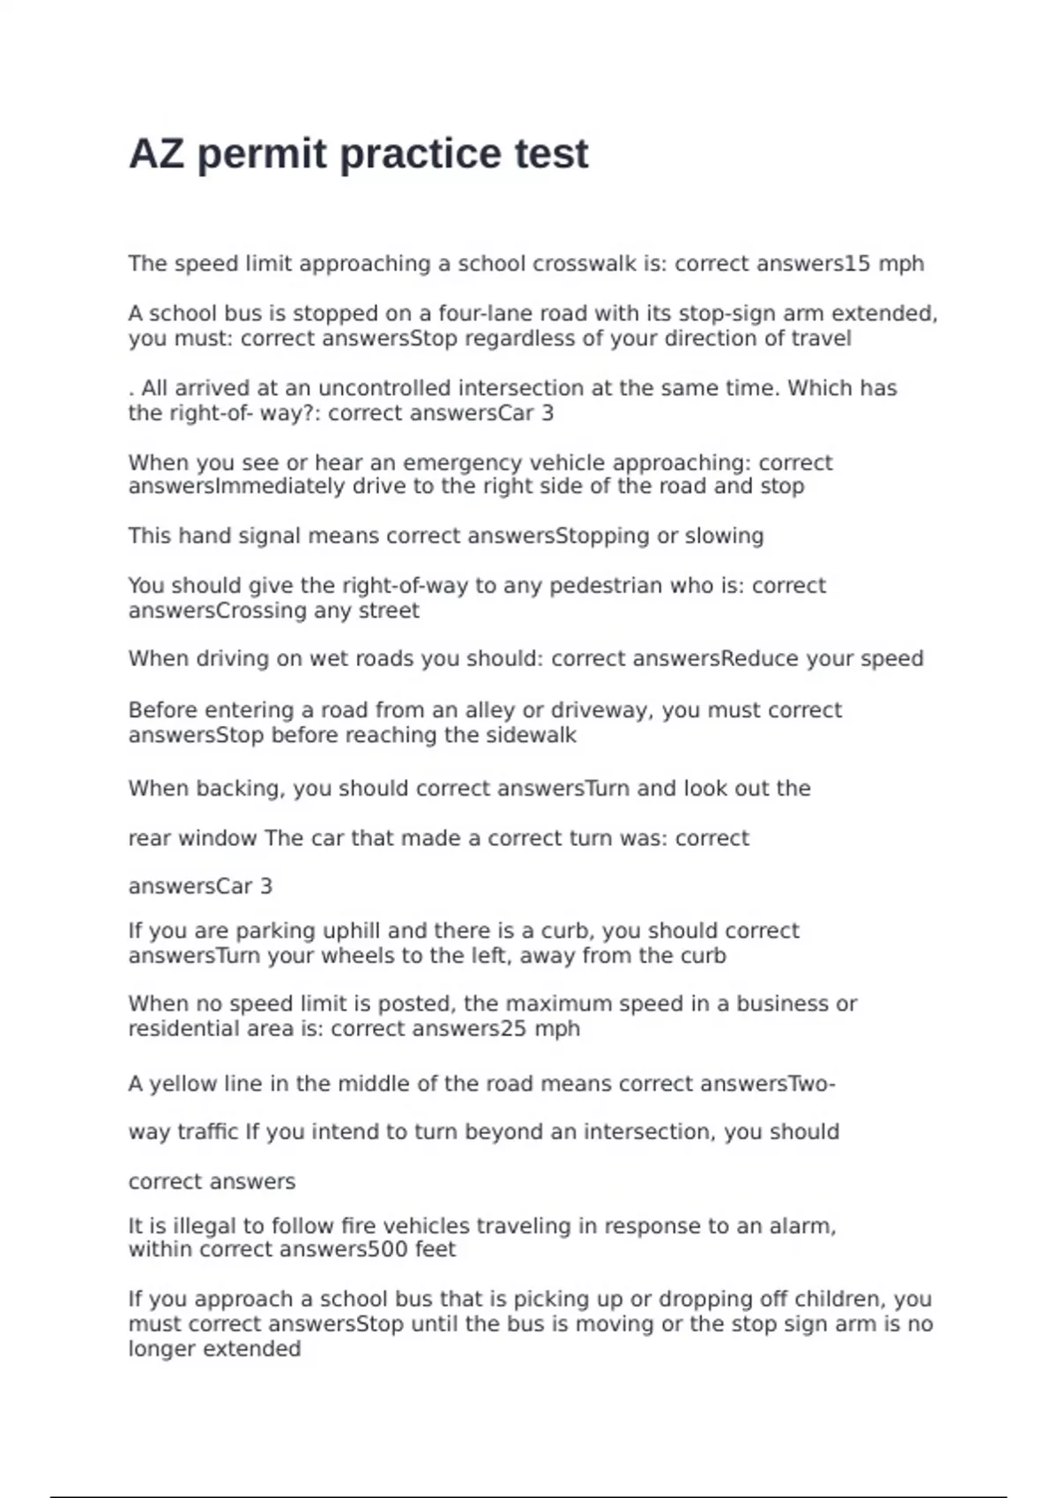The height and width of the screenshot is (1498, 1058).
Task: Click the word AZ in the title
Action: pyautogui.click(x=156, y=154)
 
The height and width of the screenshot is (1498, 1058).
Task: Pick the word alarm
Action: pyautogui.click(x=801, y=1226)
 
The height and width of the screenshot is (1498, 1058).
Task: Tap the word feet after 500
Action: pyautogui.click(x=436, y=1250)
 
